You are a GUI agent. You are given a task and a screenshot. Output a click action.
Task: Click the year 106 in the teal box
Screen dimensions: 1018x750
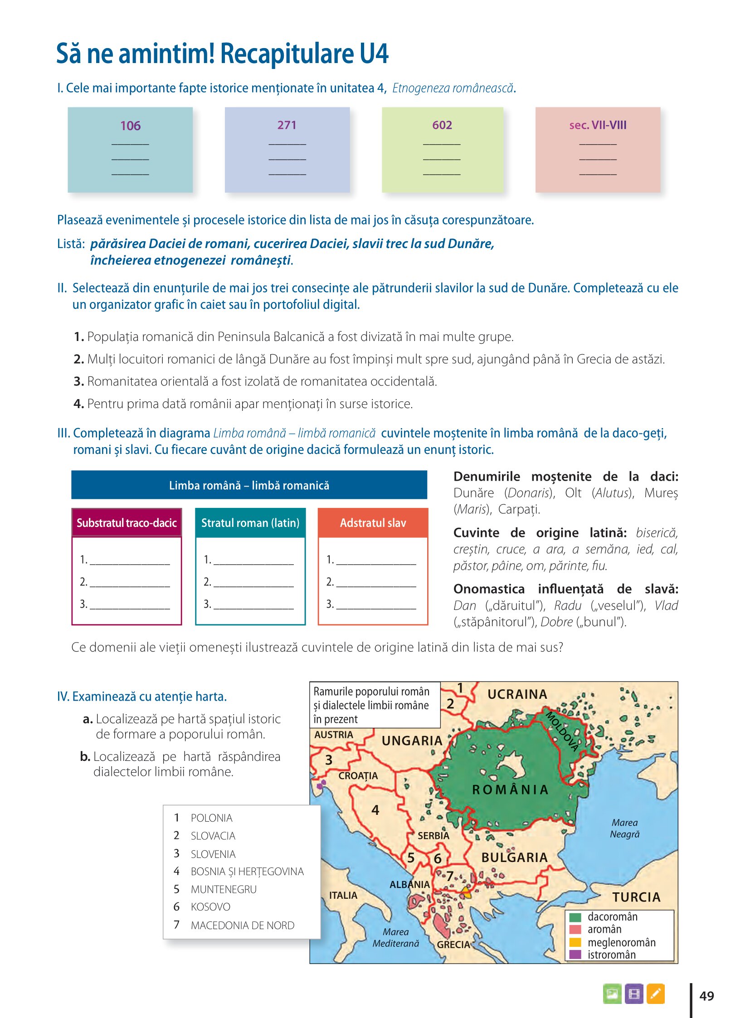click(130, 126)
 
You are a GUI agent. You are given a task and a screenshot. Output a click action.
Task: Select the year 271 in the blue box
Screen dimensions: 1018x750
click(287, 125)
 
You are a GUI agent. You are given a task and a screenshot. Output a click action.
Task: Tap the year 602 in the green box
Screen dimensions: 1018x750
click(442, 125)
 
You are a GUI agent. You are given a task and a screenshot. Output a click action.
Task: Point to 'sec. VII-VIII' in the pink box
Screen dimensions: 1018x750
click(598, 125)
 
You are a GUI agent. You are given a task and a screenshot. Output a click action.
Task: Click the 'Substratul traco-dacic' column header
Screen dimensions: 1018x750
click(127, 523)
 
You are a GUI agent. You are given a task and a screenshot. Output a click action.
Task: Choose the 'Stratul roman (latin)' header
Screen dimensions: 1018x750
click(250, 523)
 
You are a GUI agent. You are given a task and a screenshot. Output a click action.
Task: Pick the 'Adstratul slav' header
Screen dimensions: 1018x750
click(373, 523)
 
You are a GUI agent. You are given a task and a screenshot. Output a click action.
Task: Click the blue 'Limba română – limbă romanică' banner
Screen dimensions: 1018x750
click(249, 485)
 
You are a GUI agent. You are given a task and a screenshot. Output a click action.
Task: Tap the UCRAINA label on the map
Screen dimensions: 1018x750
click(517, 694)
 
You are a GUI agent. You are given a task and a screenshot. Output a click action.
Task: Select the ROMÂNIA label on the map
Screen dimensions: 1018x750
click(510, 790)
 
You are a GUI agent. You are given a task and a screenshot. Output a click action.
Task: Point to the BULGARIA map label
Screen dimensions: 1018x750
click(514, 858)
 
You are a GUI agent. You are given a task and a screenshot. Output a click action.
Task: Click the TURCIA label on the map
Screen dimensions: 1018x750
click(636, 897)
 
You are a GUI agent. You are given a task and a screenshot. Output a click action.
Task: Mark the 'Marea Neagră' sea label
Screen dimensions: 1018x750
click(625, 828)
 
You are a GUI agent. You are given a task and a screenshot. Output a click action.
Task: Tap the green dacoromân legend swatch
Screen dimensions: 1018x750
click(575, 917)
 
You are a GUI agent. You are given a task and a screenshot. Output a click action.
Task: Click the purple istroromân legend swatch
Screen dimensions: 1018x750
click(575, 955)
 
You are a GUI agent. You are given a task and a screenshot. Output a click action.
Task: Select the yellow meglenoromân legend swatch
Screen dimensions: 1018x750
click(575, 942)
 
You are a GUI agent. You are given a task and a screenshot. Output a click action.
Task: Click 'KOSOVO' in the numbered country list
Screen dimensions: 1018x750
click(210, 907)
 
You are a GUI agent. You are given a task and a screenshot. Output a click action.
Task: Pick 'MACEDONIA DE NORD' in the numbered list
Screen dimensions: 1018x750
click(243, 925)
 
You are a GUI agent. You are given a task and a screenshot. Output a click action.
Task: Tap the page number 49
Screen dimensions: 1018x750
click(706, 996)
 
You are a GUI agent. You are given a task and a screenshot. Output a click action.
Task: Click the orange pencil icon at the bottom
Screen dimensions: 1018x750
click(655, 994)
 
